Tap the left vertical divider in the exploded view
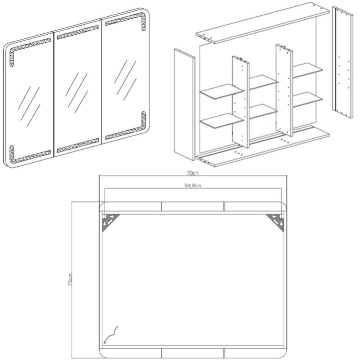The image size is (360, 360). pos(241,101)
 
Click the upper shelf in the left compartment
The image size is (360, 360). pos(221,91)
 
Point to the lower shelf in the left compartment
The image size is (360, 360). pos(221,120)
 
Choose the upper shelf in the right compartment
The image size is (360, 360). pos(307,69)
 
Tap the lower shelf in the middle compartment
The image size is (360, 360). pos(262,111)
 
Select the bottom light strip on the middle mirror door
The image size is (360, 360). pos(78,146)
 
